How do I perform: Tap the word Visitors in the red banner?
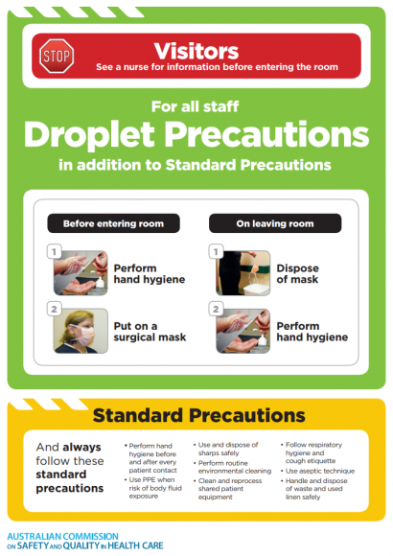197,49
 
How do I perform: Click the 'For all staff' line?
196,105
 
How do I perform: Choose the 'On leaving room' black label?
275,223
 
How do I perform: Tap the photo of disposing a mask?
243,273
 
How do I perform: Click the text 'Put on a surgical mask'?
148,331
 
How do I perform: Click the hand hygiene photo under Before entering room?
81,273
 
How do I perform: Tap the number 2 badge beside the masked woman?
56,309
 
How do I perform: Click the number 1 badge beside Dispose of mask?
217,252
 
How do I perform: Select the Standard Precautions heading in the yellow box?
196,416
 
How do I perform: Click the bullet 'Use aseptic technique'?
320,472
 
